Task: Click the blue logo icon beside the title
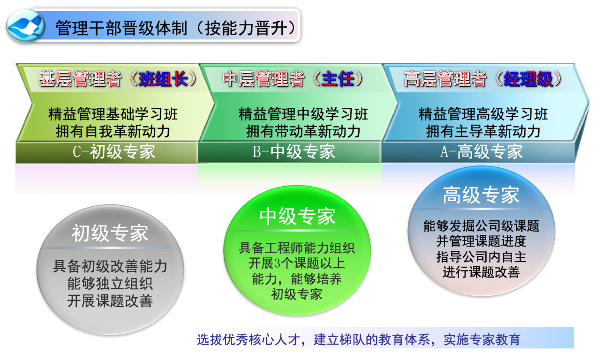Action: [26, 26]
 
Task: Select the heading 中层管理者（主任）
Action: [294, 79]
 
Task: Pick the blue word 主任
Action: [338, 79]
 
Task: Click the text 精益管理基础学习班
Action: [113, 114]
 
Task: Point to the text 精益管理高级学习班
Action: [483, 114]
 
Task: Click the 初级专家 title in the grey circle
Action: [110, 233]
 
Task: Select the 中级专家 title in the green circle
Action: [297, 216]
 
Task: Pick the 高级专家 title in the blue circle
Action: [481, 195]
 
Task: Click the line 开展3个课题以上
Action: [297, 263]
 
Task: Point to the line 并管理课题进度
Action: [481, 241]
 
